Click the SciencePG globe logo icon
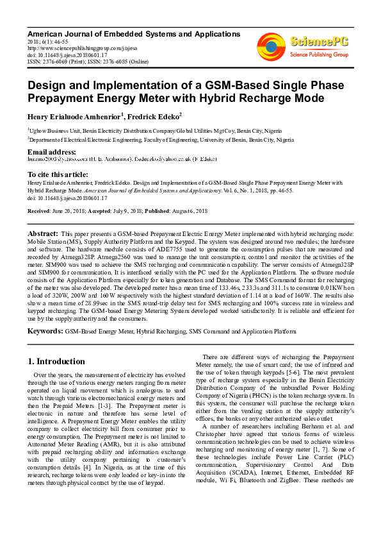271,46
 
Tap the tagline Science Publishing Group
319,55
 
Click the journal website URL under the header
74,47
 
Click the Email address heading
51,151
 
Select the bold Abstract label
44,233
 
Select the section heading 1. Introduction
57,361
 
